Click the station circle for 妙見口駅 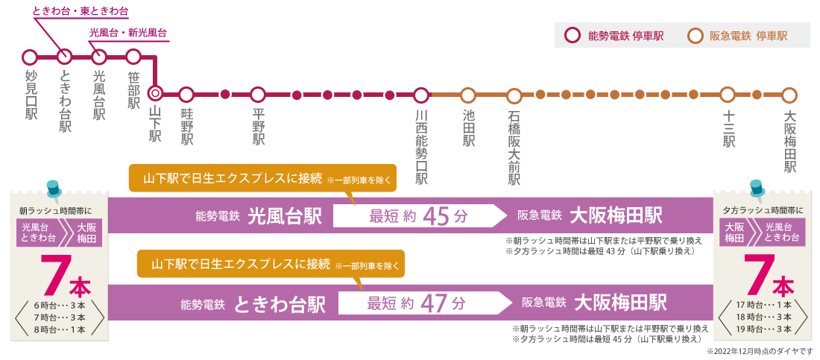pyautogui.click(x=30, y=57)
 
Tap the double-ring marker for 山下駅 pyautogui.click(x=155, y=95)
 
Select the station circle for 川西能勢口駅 pyautogui.click(x=421, y=95)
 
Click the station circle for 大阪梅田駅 pyautogui.click(x=790, y=95)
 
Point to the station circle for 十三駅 pyautogui.click(x=728, y=95)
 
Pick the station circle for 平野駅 pyautogui.click(x=258, y=95)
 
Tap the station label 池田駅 pyautogui.click(x=468, y=128)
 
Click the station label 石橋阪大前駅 pyautogui.click(x=514, y=148)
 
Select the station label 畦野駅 pyautogui.click(x=186, y=128)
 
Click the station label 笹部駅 pyautogui.click(x=134, y=90)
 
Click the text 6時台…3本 pyautogui.click(x=60, y=306)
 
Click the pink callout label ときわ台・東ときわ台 pyautogui.click(x=81, y=13)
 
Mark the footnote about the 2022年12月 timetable pyautogui.click(x=758, y=350)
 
